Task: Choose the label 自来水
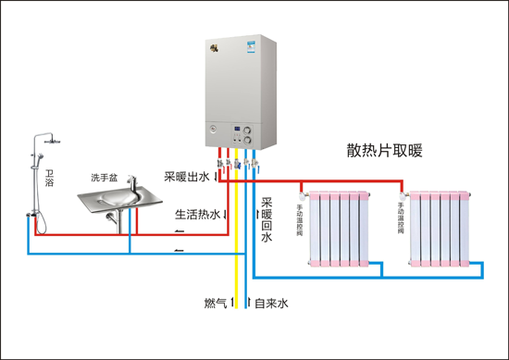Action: tap(272, 303)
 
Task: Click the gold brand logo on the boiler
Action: tap(218, 43)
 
